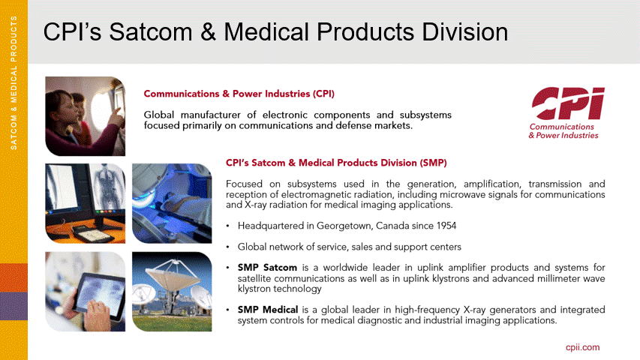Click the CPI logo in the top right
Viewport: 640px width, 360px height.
(566, 112)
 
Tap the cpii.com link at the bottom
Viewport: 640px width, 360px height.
(582, 347)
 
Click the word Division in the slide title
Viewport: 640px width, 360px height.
(465, 31)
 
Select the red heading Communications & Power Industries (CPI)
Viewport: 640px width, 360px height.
(239, 94)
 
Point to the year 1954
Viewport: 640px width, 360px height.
(446, 226)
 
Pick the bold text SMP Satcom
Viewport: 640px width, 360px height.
(267, 268)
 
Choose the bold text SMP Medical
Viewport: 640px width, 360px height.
(268, 310)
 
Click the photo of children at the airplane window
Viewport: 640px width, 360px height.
(86, 116)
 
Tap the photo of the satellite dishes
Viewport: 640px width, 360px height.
(172, 292)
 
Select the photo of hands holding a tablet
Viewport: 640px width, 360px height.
(86, 292)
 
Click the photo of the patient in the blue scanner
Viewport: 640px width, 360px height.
(172, 203)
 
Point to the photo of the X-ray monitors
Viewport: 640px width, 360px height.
(86, 203)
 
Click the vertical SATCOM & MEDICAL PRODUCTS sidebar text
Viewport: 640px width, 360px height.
(14, 82)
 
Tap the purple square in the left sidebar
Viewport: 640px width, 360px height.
(14, 306)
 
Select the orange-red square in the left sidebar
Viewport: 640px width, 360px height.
(14, 278)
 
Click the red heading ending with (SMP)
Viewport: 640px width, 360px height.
(336, 163)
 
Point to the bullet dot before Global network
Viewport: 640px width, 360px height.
(228, 247)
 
